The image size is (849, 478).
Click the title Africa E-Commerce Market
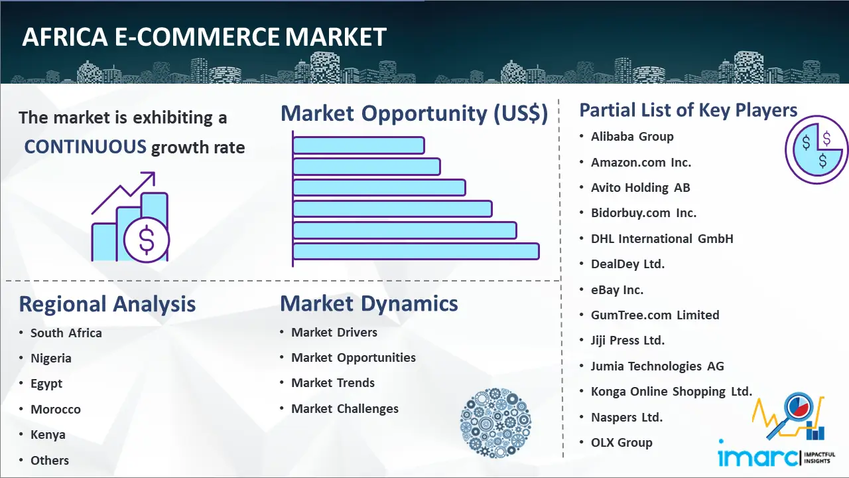(x=204, y=38)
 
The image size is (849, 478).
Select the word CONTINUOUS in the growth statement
(x=85, y=146)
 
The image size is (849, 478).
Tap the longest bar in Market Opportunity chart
(x=416, y=251)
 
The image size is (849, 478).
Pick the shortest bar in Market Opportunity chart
(x=358, y=145)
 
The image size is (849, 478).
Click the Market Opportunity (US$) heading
(x=414, y=114)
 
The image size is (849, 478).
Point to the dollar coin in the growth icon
(x=147, y=240)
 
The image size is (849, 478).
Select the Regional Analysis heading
(x=107, y=304)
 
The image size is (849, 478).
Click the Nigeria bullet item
(x=51, y=358)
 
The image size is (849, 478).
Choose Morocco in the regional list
(x=56, y=409)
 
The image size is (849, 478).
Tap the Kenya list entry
(x=48, y=434)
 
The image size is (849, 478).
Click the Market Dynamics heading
(x=369, y=303)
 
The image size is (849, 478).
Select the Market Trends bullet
(x=333, y=383)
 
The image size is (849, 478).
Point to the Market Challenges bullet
(x=345, y=408)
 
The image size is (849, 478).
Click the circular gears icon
(x=495, y=422)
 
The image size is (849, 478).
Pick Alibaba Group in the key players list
(x=632, y=137)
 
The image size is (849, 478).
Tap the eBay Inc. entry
(x=617, y=289)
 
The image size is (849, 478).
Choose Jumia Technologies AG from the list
(x=657, y=366)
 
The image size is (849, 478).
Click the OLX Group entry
(x=621, y=442)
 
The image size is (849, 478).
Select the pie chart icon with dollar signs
(x=816, y=150)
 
